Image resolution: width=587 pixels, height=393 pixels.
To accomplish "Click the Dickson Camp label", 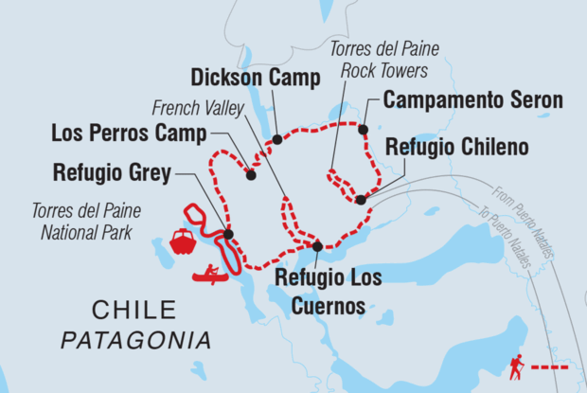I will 255,78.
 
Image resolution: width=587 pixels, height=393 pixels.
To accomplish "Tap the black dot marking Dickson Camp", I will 276,140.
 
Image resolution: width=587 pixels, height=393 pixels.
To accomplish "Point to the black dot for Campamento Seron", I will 363,129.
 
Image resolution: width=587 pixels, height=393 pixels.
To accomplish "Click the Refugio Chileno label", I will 457,147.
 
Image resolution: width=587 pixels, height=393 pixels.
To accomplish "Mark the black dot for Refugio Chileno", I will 361,199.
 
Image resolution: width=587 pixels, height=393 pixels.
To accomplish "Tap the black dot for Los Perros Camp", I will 251,174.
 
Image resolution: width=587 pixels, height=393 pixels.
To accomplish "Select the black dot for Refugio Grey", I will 229,234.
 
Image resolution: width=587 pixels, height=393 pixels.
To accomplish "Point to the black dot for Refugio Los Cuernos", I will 317,246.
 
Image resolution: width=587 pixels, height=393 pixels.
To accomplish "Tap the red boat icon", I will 182,241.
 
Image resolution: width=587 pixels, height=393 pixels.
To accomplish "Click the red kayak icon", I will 210,275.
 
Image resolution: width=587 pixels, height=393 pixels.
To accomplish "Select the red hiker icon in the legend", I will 516,365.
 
